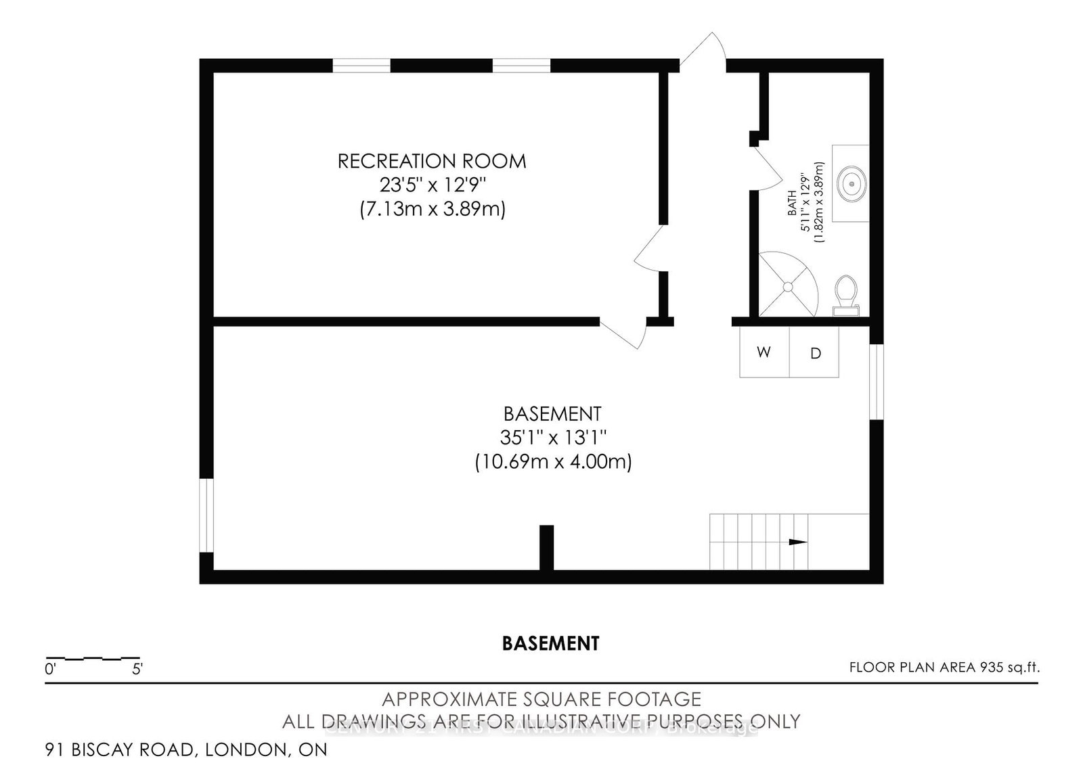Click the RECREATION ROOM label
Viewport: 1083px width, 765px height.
point(432,161)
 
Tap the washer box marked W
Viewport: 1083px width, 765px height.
point(764,352)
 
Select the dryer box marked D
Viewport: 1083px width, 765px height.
point(815,353)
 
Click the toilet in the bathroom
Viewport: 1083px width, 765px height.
point(845,294)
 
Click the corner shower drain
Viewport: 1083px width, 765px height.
point(788,287)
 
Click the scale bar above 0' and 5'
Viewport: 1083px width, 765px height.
point(93,658)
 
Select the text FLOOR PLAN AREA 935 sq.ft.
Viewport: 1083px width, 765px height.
point(944,668)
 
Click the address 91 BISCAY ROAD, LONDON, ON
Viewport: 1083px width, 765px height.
point(186,749)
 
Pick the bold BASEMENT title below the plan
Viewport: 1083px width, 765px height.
point(550,643)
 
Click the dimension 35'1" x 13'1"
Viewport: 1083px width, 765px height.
point(552,438)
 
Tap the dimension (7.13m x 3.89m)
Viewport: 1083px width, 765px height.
point(432,209)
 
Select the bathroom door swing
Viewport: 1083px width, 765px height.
point(770,169)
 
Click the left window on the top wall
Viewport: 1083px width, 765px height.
point(361,66)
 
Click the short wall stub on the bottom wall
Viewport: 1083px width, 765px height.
point(546,547)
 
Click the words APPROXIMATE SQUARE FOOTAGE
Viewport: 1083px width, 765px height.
point(541,699)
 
